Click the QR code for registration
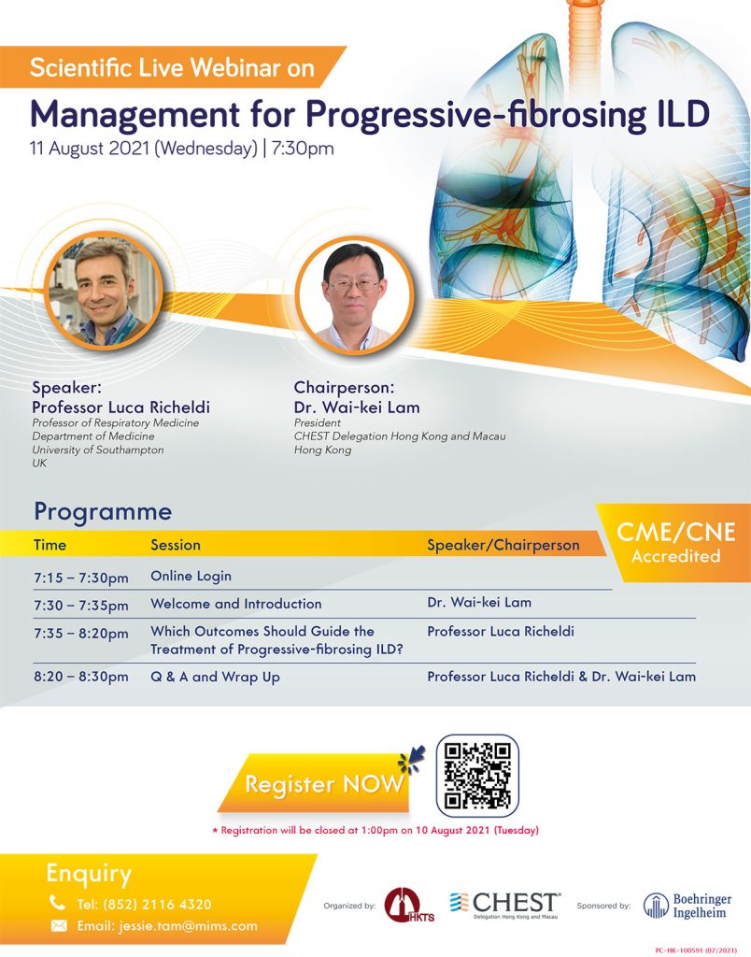477,775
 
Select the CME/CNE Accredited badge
675,542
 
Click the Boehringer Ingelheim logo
687,906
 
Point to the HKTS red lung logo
408,905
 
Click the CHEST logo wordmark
504,905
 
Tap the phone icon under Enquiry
57,902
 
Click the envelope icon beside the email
59,926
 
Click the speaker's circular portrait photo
104,292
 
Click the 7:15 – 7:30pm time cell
81,578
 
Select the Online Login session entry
191,576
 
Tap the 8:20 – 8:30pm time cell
81,677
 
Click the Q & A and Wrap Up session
216,677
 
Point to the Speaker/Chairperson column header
503,545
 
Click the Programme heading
103,511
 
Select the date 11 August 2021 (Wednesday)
144,149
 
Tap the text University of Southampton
98,450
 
